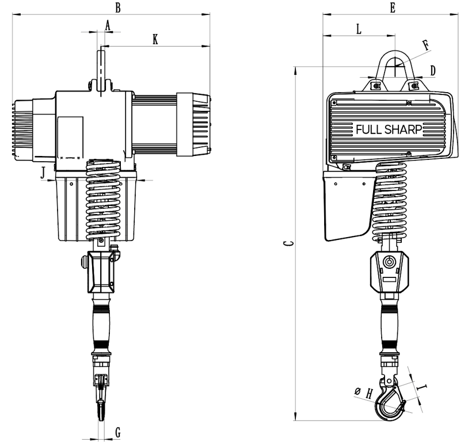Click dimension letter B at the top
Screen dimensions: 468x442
118,7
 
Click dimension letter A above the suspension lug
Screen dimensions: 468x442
108,26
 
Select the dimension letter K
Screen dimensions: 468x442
155,39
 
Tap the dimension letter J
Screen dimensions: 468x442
44,173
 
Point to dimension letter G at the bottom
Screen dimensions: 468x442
118,432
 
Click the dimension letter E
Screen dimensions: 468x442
393,7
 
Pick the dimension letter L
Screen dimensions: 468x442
359,29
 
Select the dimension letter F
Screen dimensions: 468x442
426,45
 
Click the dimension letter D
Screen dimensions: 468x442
433,70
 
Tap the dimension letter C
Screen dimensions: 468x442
288,243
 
